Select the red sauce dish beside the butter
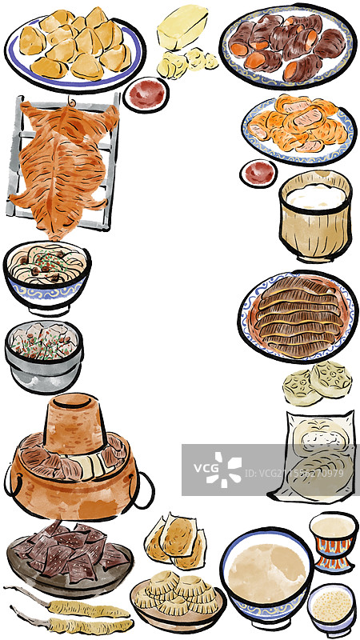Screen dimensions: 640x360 tap(146, 94)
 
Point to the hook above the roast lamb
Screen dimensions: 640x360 tap(70, 102)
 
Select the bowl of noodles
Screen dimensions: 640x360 tap(46, 274)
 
